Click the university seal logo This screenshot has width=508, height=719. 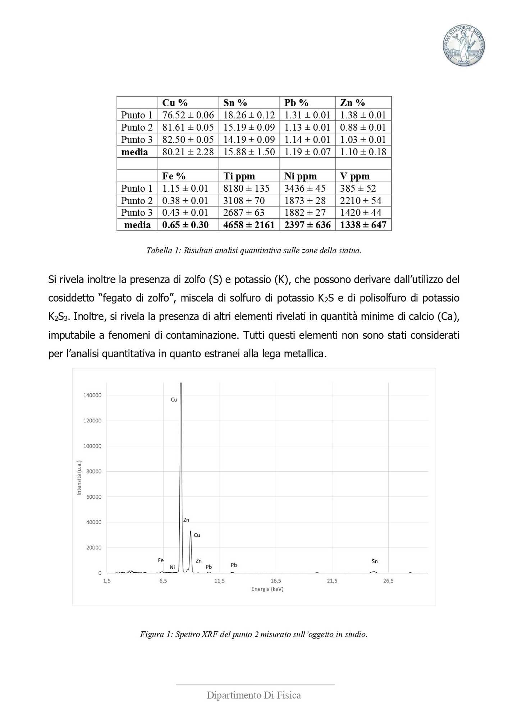[463, 46]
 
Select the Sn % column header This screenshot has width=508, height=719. [235, 103]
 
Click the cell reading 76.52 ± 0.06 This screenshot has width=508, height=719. [188, 115]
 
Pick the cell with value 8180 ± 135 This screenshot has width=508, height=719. [246, 188]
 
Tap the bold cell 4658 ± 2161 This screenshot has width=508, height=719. [249, 225]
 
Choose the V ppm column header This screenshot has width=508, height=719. [355, 176]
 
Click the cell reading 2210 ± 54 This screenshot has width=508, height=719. [361, 201]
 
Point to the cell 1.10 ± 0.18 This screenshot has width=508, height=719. [363, 152]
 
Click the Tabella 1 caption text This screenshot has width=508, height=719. [253, 251]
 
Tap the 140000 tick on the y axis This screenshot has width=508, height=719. [92, 395]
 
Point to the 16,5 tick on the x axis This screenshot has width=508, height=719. [276, 581]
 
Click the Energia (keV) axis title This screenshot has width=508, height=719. [267, 589]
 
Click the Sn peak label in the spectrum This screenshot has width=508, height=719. [375, 561]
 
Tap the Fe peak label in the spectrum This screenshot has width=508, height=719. [161, 560]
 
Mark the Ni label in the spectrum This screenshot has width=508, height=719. [173, 567]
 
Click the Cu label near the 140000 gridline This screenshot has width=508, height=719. [174, 400]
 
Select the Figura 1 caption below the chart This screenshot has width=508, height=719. [253, 634]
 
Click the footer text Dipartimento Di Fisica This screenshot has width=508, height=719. [254, 695]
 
